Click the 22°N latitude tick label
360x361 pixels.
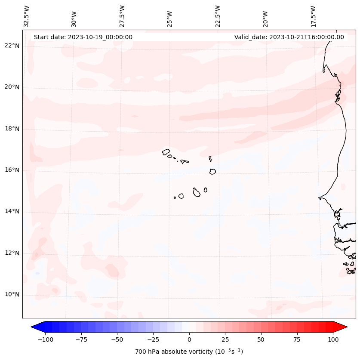point(12,46)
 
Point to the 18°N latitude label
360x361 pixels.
point(12,129)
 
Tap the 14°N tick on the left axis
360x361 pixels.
point(12,212)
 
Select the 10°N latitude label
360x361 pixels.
point(12,295)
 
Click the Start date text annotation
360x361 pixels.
point(83,37)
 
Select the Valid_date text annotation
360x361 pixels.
point(289,37)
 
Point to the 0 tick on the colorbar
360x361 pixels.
point(189,339)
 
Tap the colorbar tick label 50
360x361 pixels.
point(261,339)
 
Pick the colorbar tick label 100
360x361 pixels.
point(333,339)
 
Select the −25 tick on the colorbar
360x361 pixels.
point(153,339)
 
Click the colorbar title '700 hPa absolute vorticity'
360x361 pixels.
point(189,352)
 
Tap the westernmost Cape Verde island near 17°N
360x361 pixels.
point(166,151)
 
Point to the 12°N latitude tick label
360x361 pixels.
point(12,253)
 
